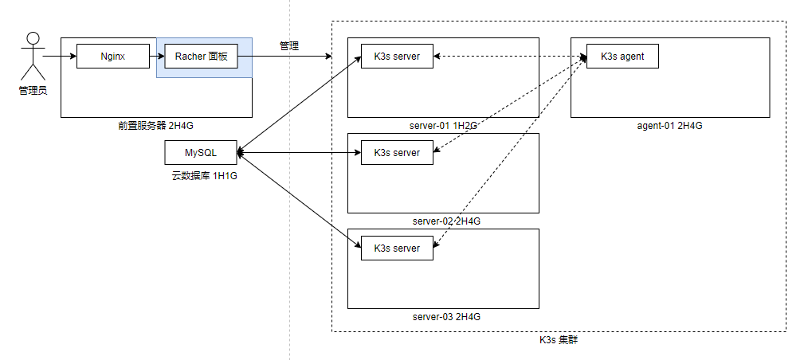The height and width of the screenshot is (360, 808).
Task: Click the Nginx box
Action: (x=113, y=56)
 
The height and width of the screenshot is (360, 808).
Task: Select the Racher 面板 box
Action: (x=201, y=56)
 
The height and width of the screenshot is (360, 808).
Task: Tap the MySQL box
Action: (x=201, y=152)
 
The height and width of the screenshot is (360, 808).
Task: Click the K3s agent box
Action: (x=622, y=56)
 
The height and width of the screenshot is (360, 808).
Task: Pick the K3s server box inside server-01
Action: (x=397, y=56)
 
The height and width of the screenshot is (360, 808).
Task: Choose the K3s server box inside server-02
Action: (x=397, y=152)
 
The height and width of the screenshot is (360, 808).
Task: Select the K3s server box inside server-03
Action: (x=397, y=248)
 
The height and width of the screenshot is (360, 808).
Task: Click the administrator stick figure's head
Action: (x=33, y=38)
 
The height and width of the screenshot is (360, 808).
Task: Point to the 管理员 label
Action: (x=33, y=91)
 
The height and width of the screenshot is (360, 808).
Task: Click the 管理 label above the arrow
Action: (x=289, y=46)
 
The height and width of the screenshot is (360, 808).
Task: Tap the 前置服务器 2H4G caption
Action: (x=156, y=125)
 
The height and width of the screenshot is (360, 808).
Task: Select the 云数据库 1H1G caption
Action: (x=204, y=176)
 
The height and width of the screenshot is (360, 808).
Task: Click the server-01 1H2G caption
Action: (x=444, y=126)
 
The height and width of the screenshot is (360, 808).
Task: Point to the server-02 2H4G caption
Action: (x=447, y=221)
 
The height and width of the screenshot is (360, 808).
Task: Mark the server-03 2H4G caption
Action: (x=447, y=316)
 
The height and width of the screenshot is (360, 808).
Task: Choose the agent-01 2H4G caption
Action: (x=669, y=126)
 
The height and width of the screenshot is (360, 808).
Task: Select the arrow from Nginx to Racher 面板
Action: (x=157, y=56)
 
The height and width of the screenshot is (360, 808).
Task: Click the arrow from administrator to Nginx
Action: (x=60, y=56)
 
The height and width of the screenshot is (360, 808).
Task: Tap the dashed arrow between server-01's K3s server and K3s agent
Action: (x=510, y=56)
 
